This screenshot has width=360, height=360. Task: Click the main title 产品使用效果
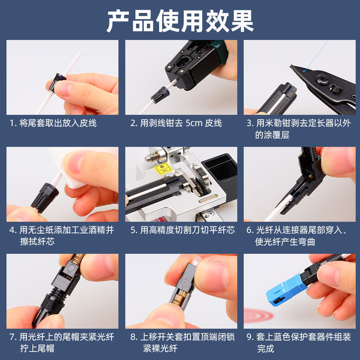pos(180,21)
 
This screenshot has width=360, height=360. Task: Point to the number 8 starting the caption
pos(133,337)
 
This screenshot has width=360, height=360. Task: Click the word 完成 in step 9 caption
pos(266,348)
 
